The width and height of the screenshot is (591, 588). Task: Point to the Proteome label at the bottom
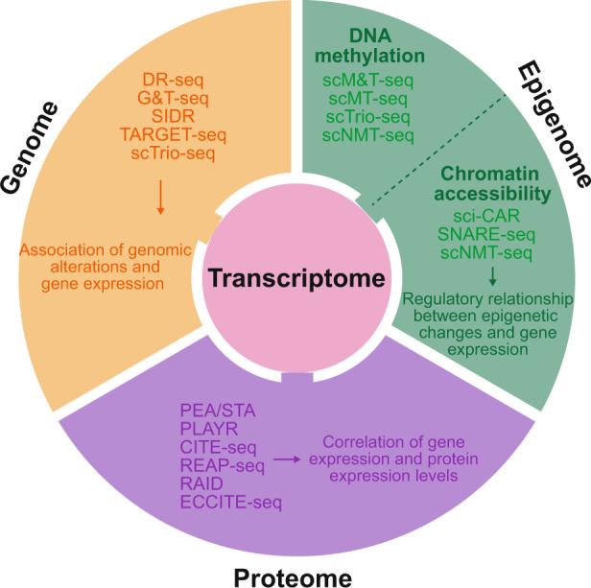(x=296, y=575)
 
